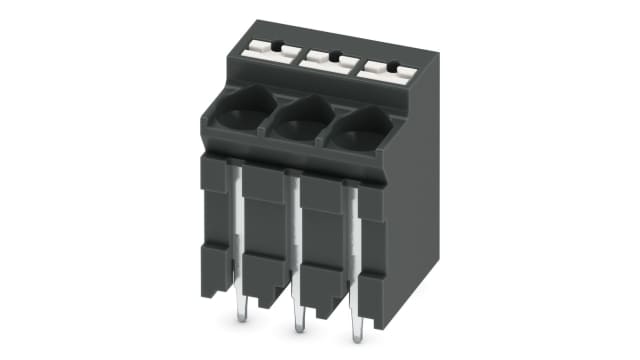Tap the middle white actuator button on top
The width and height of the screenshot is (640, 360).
pos(329,58)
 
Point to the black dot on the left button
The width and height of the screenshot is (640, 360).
pos(277,44)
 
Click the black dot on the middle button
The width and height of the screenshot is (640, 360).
pos(335,56)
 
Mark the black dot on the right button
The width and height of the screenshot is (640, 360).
pos(393,68)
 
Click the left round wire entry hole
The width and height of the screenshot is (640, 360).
pos(241,112)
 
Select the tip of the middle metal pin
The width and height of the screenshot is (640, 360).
pos(299,326)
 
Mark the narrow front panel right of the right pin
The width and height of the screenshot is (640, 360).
pos(373,260)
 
